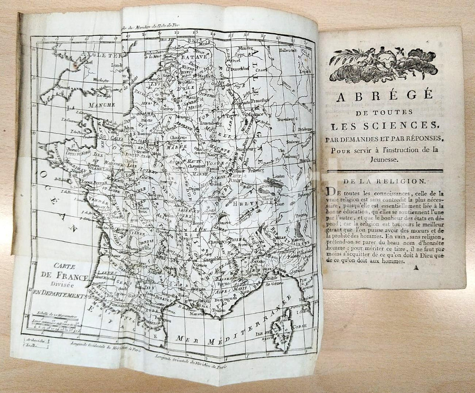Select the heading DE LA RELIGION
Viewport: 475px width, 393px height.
tap(385, 181)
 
